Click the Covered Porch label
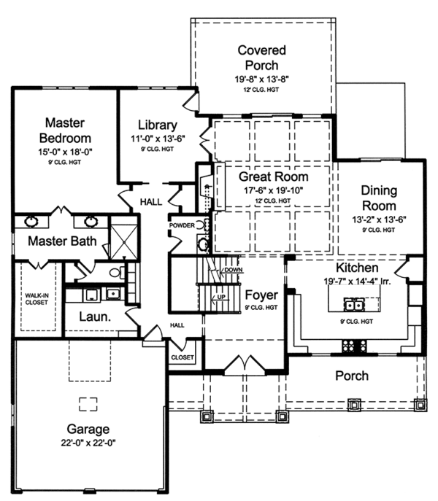pos(261,58)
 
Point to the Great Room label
pos(274,176)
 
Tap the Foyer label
pos(260,295)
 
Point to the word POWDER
pos(182,225)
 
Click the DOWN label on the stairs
pos(233,270)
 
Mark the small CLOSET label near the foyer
pos(182,357)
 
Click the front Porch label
pos(351,376)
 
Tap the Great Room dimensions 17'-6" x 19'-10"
pos(274,190)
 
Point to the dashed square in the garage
pos(88,403)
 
